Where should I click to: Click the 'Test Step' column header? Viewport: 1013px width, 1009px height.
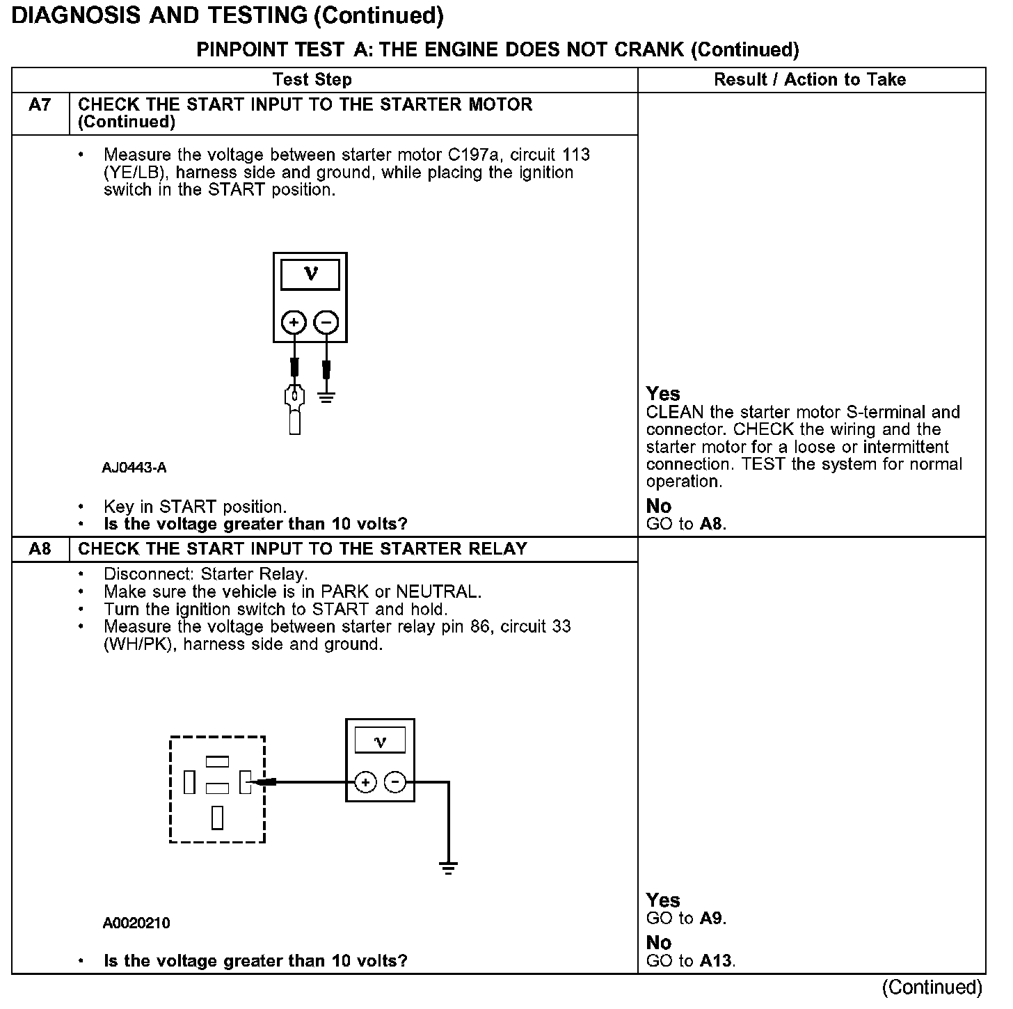click(312, 79)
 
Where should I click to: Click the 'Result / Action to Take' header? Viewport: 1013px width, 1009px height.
click(810, 79)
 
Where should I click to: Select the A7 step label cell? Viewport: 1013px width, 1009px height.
click(40, 105)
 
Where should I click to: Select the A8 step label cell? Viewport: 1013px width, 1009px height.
click(40, 549)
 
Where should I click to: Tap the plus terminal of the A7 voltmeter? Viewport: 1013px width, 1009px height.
click(294, 322)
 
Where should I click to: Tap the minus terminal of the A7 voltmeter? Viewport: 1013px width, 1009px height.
click(326, 322)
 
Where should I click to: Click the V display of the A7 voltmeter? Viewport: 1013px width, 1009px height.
click(310, 274)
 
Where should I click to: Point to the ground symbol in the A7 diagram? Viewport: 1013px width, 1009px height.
click(326, 398)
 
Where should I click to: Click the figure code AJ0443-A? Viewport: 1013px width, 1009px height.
click(134, 468)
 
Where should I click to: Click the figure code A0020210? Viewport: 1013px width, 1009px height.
click(136, 923)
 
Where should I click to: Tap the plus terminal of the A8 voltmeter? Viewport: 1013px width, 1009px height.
click(365, 783)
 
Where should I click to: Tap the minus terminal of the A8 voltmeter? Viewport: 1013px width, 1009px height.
click(395, 783)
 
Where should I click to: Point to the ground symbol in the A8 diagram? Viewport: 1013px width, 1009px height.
click(448, 868)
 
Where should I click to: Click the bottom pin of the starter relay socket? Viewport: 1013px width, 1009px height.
click(218, 818)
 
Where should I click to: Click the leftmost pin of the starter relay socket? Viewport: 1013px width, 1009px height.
click(189, 783)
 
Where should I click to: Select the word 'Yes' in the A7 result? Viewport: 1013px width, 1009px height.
click(663, 394)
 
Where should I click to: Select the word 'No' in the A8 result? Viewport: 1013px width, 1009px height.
click(658, 943)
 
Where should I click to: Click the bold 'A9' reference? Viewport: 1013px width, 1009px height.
click(711, 918)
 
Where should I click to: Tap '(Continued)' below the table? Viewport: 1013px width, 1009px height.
click(932, 987)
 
